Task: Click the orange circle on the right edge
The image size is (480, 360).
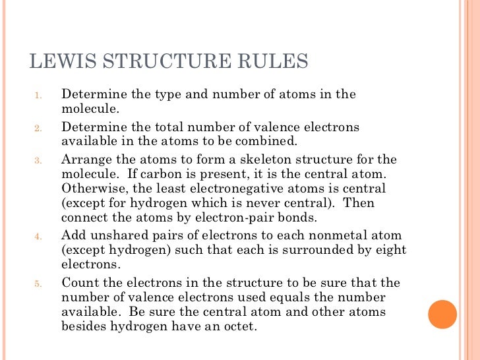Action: [442, 315]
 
